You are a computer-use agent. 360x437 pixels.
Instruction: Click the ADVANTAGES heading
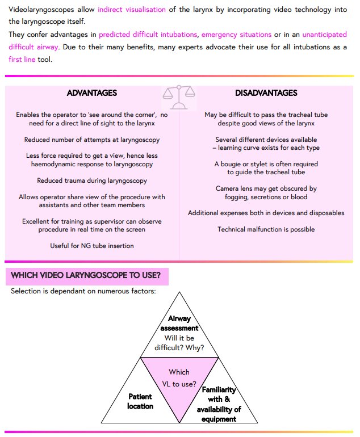[91, 93]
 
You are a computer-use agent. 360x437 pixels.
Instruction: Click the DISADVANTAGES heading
[266, 93]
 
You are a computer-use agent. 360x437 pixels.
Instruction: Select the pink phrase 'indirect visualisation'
[132, 10]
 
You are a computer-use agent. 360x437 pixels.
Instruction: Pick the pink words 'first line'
[22, 59]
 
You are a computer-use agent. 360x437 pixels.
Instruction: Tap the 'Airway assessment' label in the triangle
[179, 323]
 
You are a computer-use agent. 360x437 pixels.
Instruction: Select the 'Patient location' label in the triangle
[140, 401]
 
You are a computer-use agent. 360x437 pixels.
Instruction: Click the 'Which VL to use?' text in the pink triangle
[179, 378]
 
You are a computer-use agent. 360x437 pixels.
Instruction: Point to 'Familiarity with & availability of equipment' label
[219, 405]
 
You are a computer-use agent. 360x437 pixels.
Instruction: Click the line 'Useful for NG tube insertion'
[91, 246]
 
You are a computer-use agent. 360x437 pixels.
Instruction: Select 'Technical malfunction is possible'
[266, 229]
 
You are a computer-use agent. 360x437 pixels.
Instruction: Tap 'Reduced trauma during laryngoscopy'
[91, 180]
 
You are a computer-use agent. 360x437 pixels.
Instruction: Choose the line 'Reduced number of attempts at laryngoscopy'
[91, 140]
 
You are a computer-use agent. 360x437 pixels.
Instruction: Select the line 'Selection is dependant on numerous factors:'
[83, 291]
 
